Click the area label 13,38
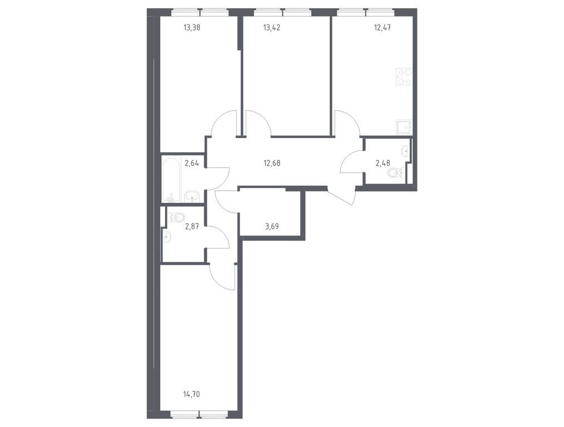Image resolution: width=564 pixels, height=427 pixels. coord(192,25)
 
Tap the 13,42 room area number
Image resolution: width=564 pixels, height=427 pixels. coord(272,25)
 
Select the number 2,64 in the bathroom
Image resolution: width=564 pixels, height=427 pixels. coord(192,163)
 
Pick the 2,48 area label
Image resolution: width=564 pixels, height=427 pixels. coord(384,163)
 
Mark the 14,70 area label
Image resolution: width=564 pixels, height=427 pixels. coord(192,394)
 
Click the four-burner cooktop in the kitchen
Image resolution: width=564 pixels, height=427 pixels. coord(404,77)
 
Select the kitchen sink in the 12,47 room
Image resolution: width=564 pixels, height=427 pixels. coord(403,127)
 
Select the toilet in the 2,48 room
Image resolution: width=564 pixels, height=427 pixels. coord(395,173)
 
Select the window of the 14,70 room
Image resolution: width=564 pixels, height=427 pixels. coord(199,413)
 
